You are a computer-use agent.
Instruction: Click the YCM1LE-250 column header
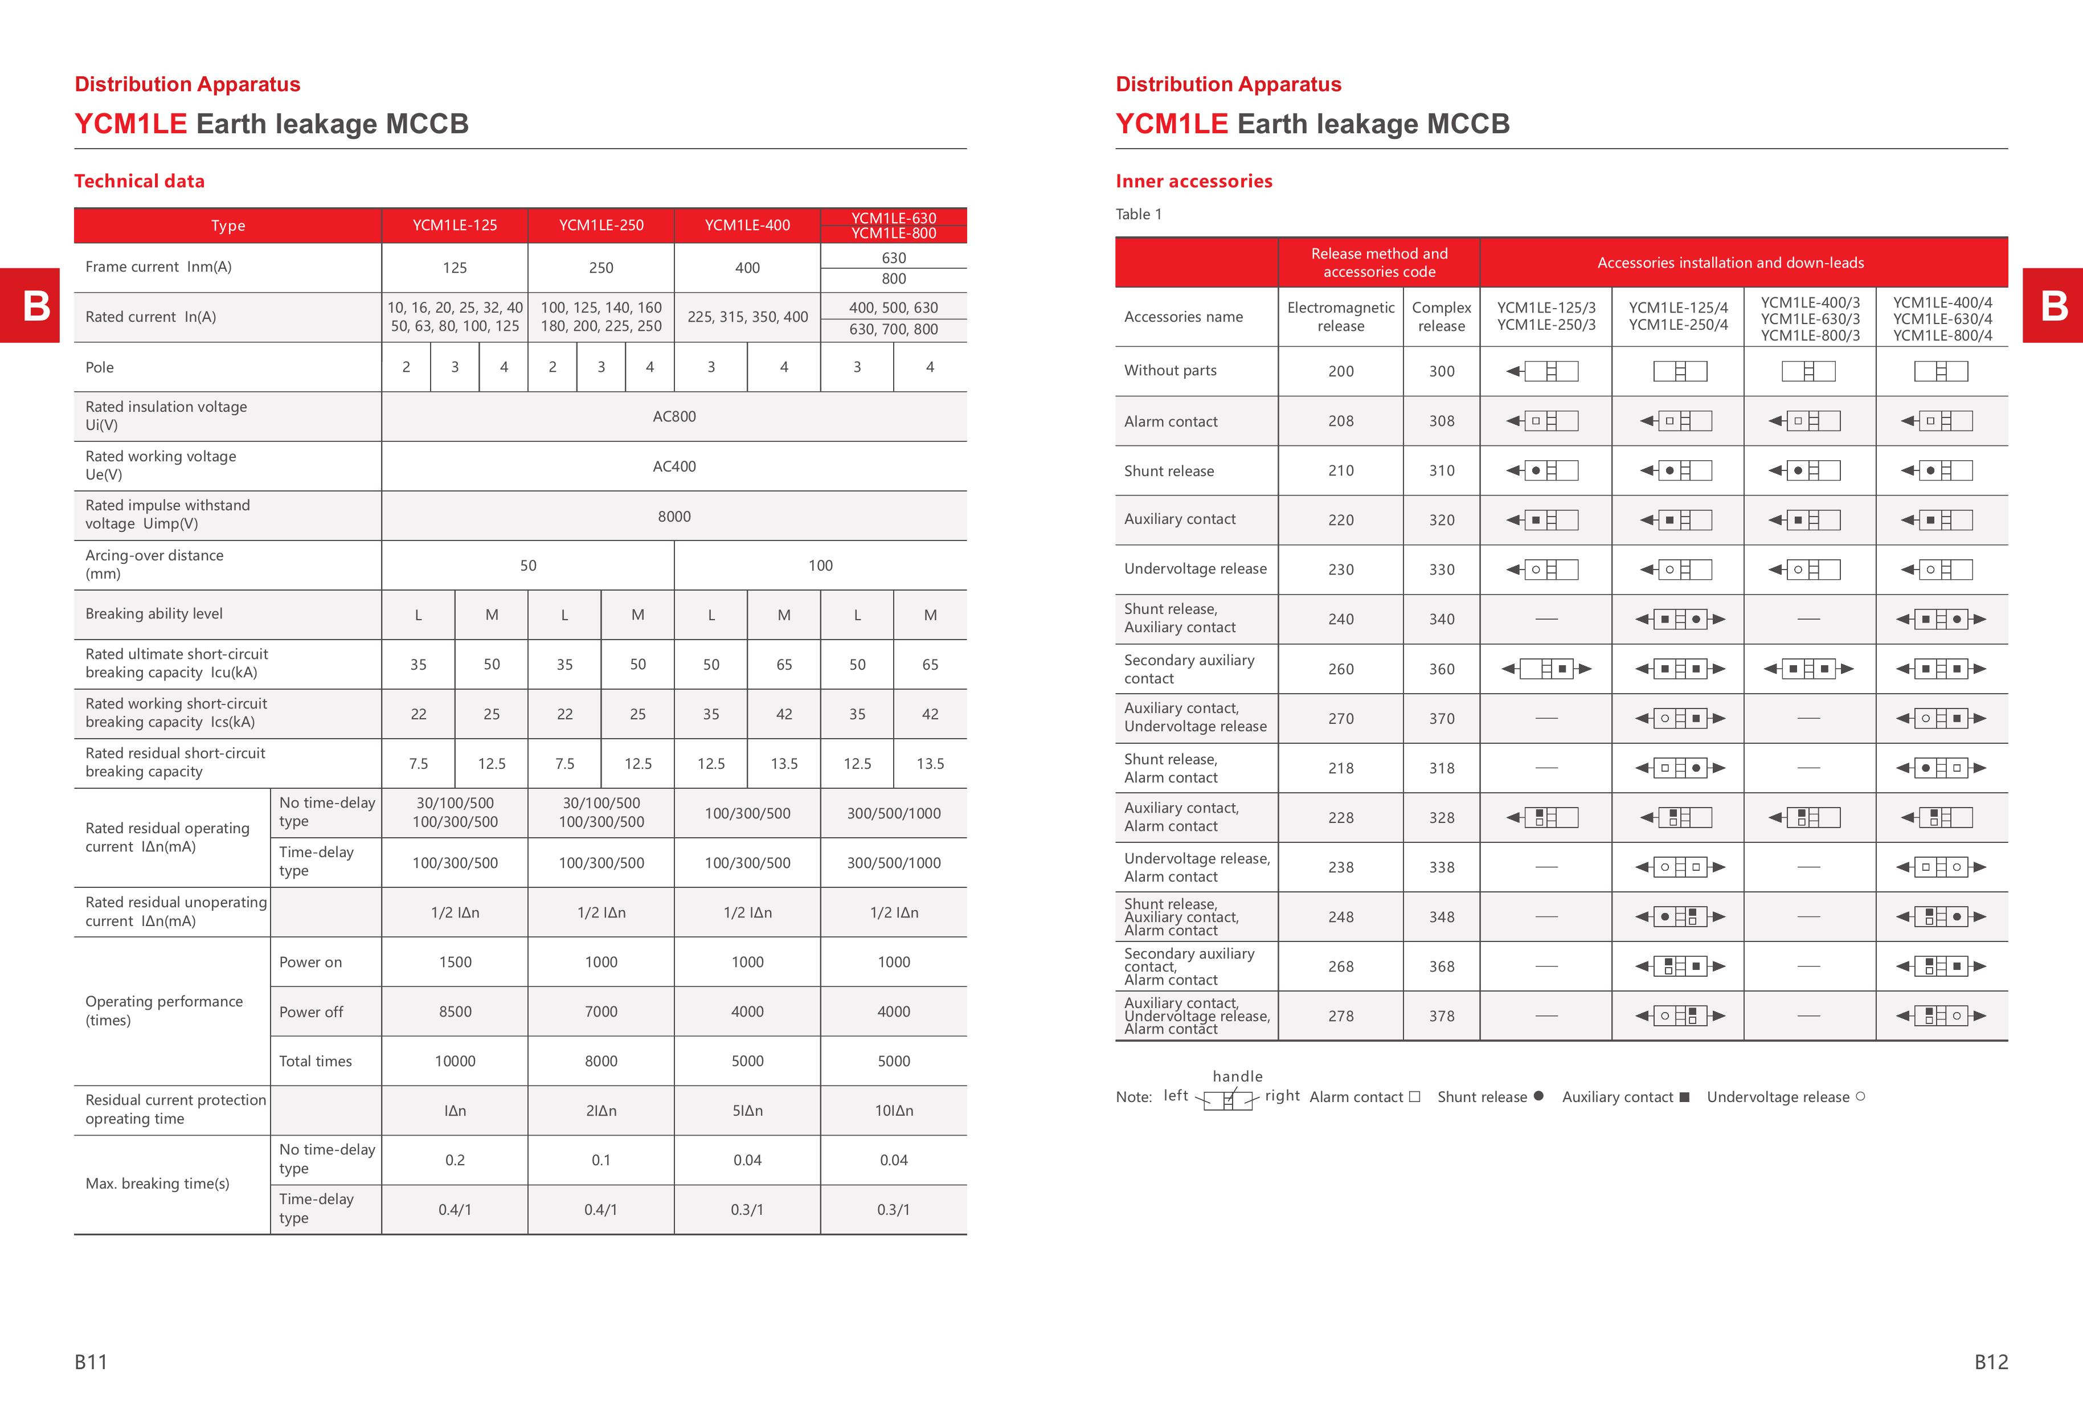click(600, 225)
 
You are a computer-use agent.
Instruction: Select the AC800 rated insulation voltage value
click(674, 417)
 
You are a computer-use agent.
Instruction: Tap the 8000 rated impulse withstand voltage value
click(674, 516)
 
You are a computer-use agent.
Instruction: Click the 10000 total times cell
click(455, 1061)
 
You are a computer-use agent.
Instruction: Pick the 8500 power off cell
click(455, 1011)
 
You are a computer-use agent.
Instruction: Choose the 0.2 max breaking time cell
click(455, 1160)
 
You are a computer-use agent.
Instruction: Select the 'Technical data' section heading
click(139, 181)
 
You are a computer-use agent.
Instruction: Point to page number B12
click(1991, 1362)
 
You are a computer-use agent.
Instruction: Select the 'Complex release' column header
click(1441, 316)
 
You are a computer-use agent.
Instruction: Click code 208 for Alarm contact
click(1341, 421)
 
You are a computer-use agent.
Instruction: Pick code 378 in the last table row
click(1441, 1016)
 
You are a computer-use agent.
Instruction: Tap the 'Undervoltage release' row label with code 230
click(1195, 569)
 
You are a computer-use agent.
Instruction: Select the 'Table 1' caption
click(1138, 214)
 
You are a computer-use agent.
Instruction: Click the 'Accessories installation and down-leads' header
click(1730, 263)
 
